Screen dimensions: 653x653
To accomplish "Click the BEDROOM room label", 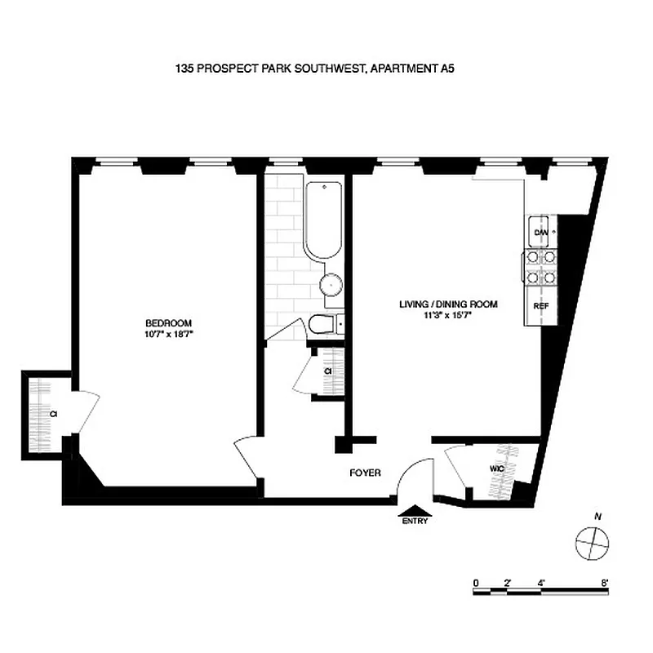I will click(163, 322).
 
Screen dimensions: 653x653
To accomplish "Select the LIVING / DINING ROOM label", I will click(448, 304).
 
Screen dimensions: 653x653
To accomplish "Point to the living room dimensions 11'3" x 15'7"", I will click(448, 315).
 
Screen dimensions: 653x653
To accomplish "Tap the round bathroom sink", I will click(331, 285).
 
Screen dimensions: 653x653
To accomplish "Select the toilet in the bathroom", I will click(323, 325).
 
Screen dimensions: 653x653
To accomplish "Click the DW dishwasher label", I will click(540, 233).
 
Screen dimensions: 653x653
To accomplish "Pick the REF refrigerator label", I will click(540, 305).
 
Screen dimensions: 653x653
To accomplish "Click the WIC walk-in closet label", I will click(497, 469).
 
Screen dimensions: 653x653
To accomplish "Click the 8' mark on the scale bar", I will click(605, 583).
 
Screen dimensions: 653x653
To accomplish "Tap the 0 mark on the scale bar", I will click(475, 583).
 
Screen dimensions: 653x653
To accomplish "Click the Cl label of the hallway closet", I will click(327, 371).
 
